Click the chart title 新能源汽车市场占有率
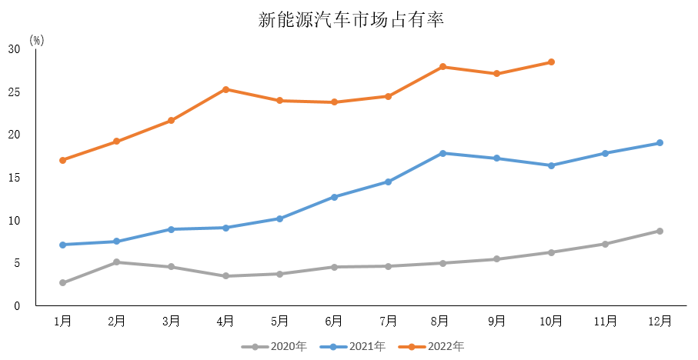(351, 20)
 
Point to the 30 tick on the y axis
(14, 49)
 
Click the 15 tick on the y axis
(14, 178)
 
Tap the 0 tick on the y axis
(17, 306)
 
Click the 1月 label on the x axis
(62, 321)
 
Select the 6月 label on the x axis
(334, 321)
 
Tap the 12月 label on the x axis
(660, 321)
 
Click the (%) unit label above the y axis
(37, 40)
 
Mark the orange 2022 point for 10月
(551, 62)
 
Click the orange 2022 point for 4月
(225, 89)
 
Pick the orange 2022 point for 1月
(62, 160)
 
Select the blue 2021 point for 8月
(443, 153)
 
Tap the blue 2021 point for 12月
(660, 143)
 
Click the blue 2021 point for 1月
(62, 245)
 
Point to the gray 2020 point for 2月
(116, 262)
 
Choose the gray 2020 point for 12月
(660, 231)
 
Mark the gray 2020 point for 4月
(225, 276)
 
